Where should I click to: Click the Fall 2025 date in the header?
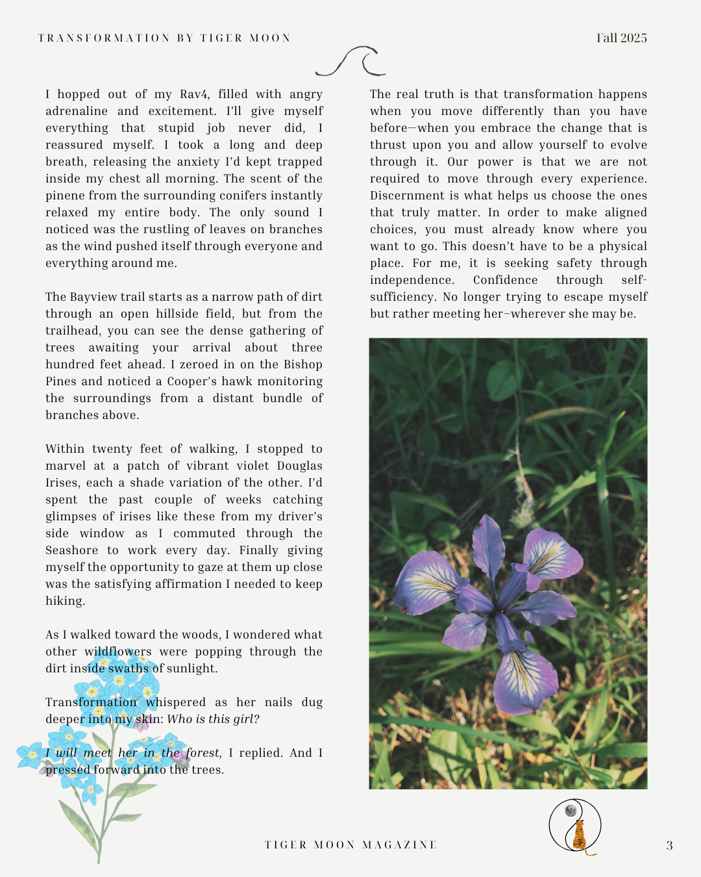[621, 38]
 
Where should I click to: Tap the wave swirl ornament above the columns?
[350, 61]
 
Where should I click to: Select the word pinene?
[64, 196]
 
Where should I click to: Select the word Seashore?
[71, 550]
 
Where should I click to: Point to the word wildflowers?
[118, 652]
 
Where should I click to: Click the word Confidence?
[505, 280]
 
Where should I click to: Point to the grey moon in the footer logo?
[571, 810]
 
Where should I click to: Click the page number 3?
[669, 845]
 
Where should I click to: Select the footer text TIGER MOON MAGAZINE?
[350, 845]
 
